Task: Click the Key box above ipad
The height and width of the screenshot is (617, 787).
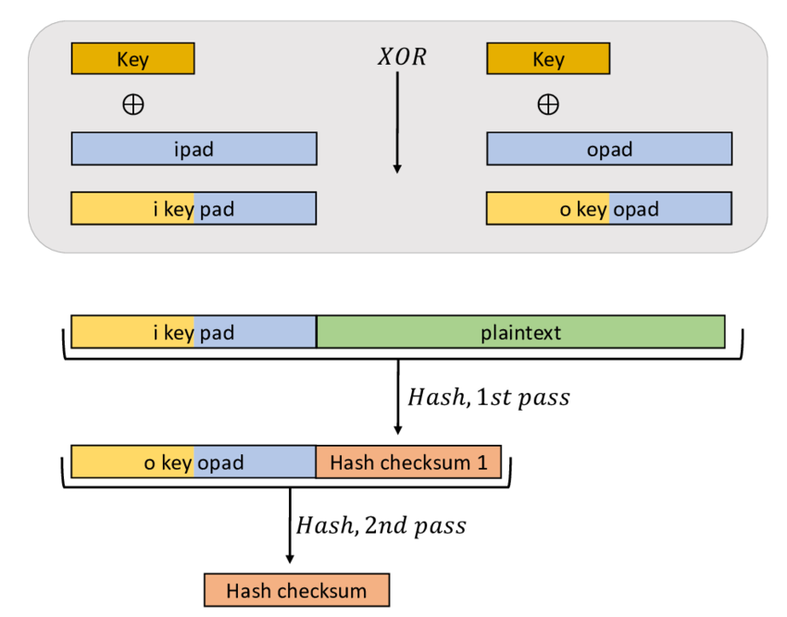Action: click(132, 59)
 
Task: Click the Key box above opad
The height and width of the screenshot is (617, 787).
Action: click(548, 59)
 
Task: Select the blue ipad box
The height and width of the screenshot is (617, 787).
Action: click(194, 148)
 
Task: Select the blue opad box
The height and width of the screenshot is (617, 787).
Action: click(609, 148)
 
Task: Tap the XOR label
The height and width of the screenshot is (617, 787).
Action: click(402, 58)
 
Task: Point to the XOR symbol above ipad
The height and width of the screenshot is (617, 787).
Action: click(132, 104)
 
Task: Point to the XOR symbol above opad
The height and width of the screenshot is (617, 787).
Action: click(548, 104)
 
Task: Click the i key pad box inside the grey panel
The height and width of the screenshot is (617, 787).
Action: click(194, 208)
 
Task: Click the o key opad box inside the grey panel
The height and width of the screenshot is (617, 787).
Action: click(609, 208)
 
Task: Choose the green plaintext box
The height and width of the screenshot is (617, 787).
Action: click(520, 331)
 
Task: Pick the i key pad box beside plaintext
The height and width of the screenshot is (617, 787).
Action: click(194, 331)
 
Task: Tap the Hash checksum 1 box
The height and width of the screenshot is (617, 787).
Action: click(408, 462)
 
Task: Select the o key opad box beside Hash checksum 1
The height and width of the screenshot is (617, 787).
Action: click(194, 462)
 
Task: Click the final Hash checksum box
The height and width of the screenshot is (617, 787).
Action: click(296, 590)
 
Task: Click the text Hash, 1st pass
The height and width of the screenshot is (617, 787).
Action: click(488, 398)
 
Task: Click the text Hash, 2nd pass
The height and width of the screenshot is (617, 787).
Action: click(381, 525)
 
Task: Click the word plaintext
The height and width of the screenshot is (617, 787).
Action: click(520, 331)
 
